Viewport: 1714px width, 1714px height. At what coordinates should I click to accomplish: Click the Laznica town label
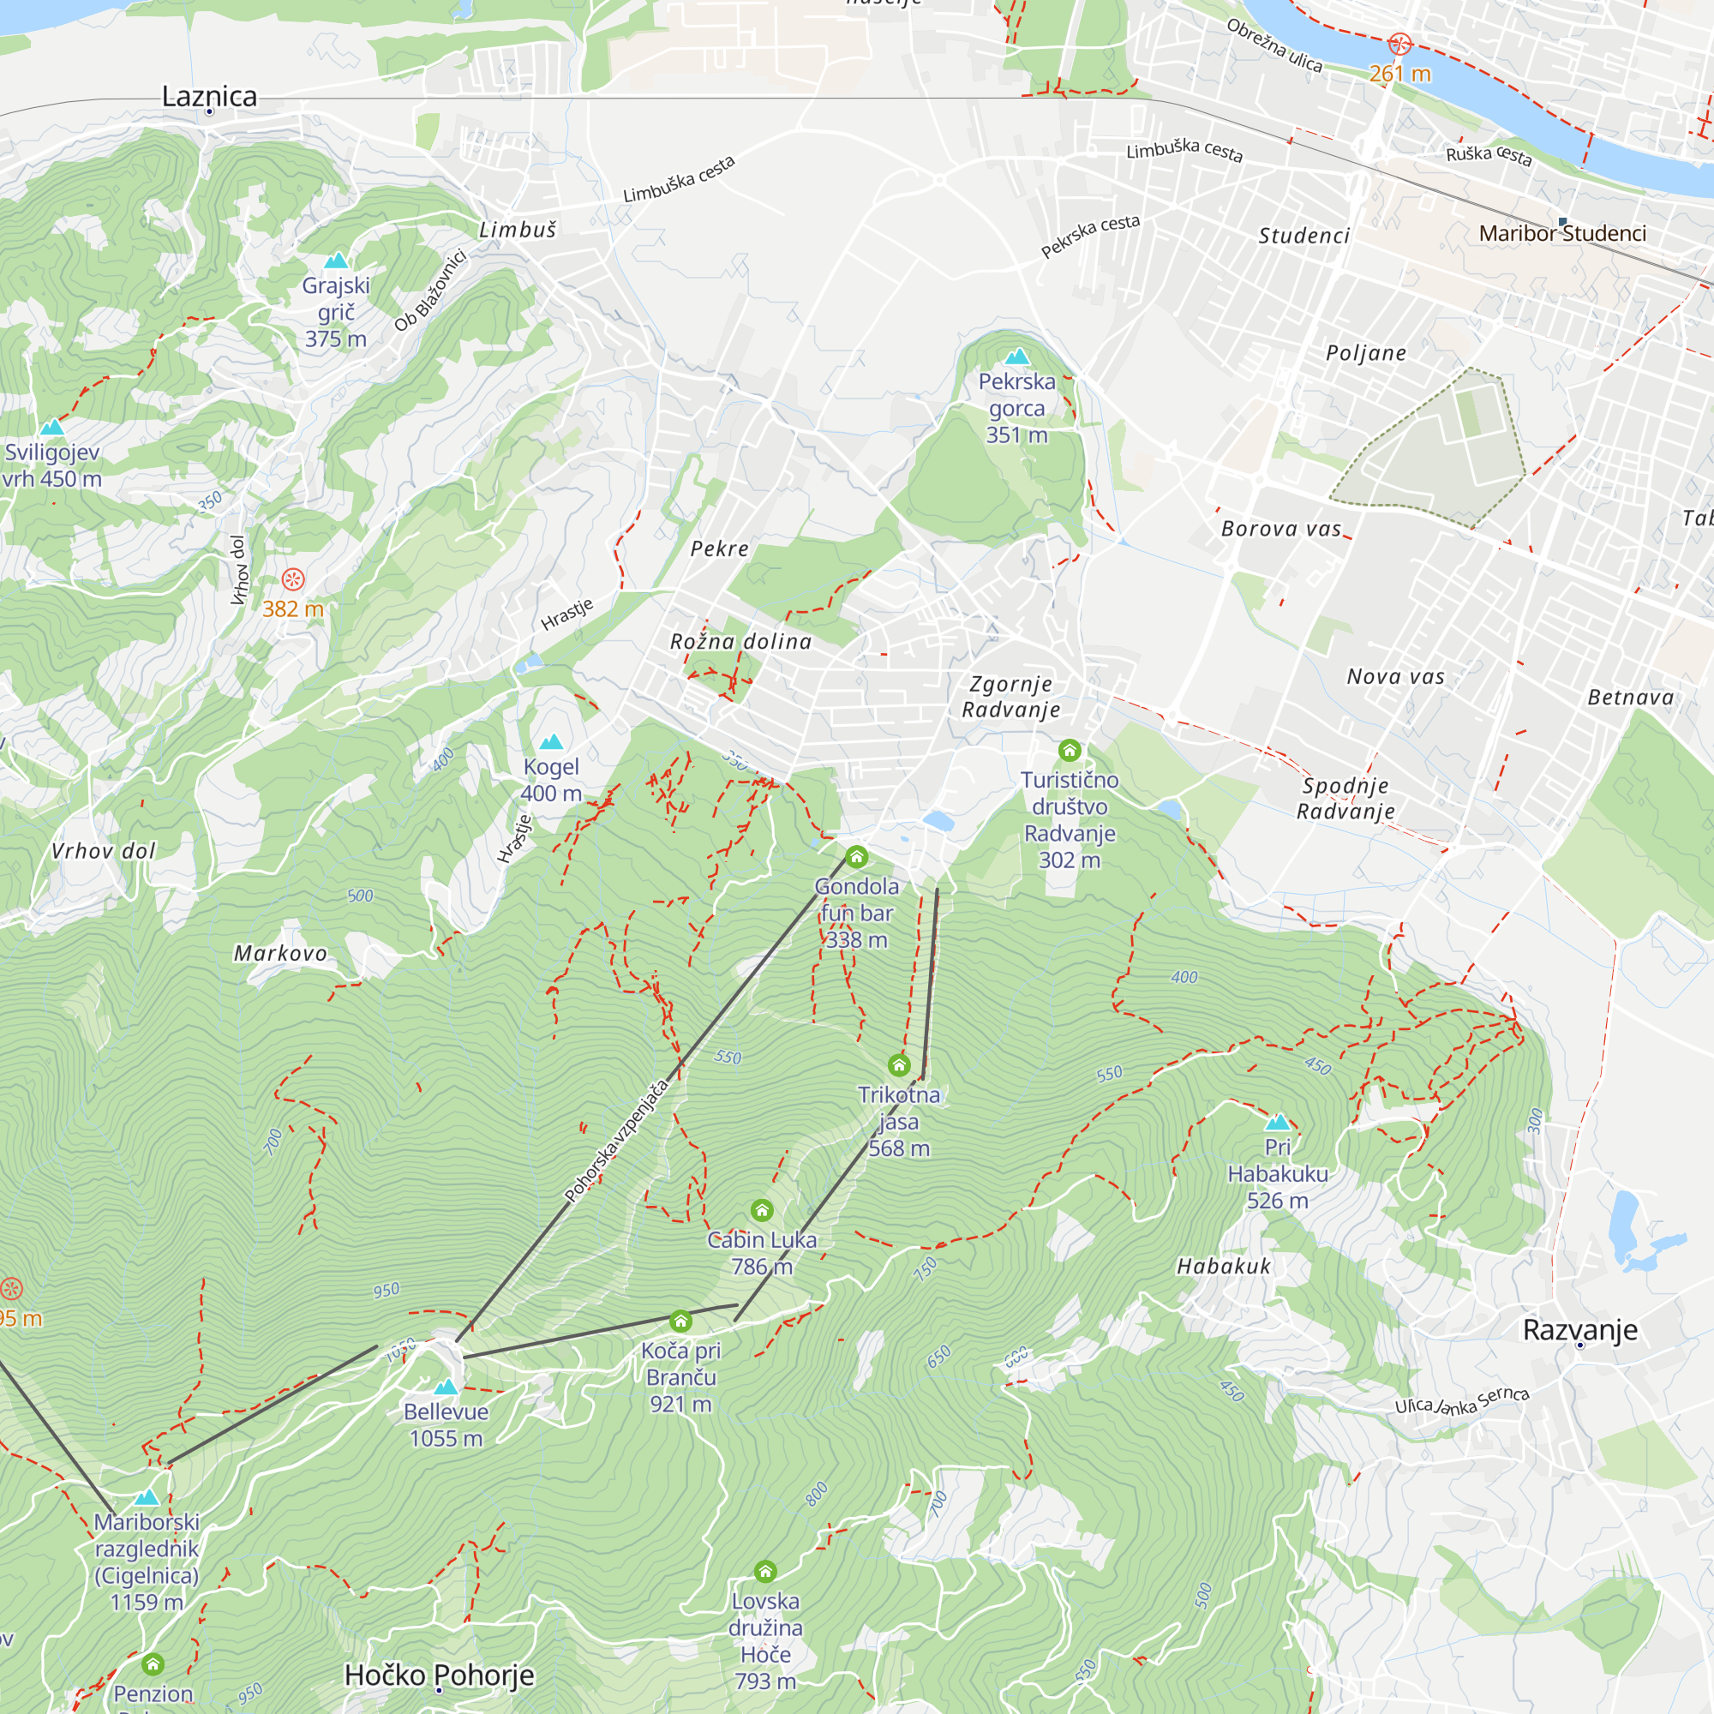[209, 96]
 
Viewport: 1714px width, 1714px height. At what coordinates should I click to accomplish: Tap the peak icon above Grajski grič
[335, 260]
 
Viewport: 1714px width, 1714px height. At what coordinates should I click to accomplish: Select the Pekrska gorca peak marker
[1016, 357]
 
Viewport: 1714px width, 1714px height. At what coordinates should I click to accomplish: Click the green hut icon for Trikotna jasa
[899, 1064]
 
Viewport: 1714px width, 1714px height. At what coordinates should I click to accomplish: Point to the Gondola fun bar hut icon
[856, 857]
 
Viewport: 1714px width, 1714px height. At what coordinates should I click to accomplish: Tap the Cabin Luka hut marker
[761, 1210]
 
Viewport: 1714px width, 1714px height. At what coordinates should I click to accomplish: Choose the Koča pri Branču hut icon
[680, 1321]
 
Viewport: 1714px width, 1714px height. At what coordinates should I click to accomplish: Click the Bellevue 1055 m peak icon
[446, 1387]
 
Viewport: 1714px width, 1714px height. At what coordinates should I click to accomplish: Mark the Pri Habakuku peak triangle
[1278, 1121]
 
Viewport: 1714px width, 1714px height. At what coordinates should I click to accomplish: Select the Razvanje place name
[1580, 1330]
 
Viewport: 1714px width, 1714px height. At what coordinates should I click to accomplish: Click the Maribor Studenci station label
[1562, 233]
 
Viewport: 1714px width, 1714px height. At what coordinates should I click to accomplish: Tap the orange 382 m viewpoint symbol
[293, 580]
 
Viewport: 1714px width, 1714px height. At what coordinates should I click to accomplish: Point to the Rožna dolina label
[740, 641]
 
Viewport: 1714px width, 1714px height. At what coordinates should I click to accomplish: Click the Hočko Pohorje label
[439, 1675]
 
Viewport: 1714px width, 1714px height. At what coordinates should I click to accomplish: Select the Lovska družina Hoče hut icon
[764, 1572]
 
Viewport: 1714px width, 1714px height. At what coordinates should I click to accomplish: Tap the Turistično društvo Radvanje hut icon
[1069, 751]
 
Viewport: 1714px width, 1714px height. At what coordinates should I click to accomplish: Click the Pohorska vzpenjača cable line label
[616, 1141]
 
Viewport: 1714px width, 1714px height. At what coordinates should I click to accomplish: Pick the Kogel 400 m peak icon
[551, 741]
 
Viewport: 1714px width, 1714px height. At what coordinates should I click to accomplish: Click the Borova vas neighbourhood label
[1281, 529]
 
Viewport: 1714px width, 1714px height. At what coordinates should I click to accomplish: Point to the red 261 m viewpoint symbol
[1399, 44]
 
